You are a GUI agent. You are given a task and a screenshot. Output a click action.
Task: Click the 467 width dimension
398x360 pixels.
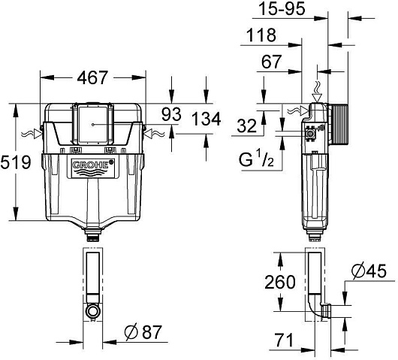pyautogui.click(x=92, y=77)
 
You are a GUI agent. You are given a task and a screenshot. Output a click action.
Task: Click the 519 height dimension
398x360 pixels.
pyautogui.click(x=16, y=162)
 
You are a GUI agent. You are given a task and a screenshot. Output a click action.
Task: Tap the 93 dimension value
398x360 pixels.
pyautogui.click(x=171, y=114)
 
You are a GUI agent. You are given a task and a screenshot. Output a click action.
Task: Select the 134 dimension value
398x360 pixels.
pyautogui.click(x=206, y=119)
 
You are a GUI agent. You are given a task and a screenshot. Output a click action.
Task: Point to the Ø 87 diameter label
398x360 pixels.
pyautogui.click(x=143, y=331)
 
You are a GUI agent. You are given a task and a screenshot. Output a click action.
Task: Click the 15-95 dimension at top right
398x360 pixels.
pyautogui.click(x=282, y=9)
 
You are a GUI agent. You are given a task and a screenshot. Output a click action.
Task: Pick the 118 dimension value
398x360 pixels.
pyautogui.click(x=261, y=35)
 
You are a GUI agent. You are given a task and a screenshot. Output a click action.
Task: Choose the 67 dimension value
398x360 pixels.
pyautogui.click(x=272, y=62)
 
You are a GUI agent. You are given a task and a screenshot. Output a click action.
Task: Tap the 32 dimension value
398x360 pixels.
pyautogui.click(x=247, y=126)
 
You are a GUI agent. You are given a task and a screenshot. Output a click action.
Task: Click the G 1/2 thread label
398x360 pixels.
pyautogui.click(x=256, y=159)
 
